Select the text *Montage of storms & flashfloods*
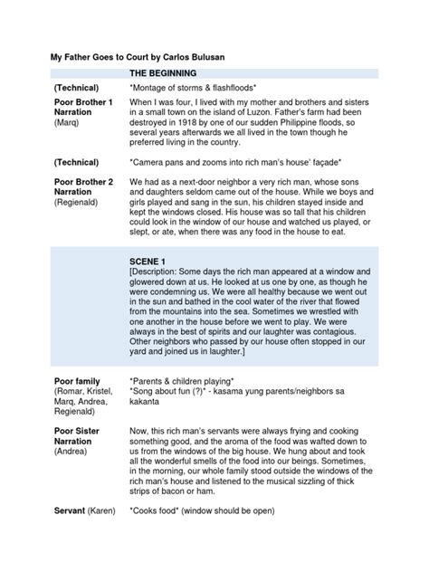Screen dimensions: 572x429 [199, 89]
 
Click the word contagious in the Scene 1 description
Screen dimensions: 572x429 [350, 332]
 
